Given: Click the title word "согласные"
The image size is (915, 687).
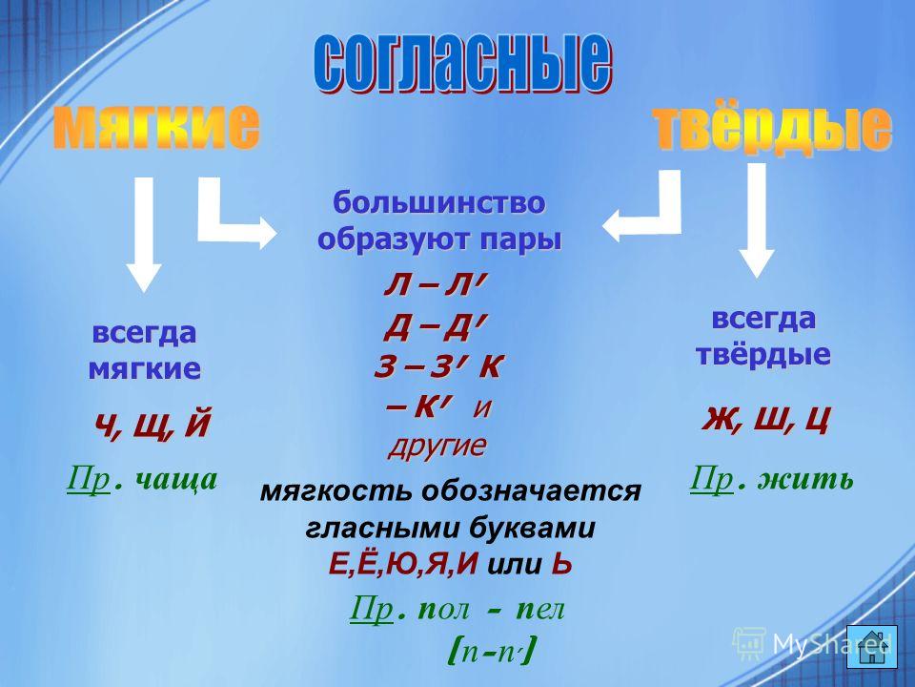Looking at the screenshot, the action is [463, 64].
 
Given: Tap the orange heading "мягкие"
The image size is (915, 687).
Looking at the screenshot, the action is [156, 127].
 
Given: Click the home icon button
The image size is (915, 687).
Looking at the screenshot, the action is [872, 647].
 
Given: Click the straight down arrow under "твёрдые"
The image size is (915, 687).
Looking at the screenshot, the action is [757, 219].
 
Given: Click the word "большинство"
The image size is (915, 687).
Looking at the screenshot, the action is [438, 202].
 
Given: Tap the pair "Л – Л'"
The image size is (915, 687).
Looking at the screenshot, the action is [435, 285].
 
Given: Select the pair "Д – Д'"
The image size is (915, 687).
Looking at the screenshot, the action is [435, 328].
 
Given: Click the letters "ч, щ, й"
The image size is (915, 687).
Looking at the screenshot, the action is [152, 425].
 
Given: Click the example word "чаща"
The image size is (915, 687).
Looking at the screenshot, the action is [176, 480].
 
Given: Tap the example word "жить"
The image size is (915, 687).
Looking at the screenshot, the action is [805, 480].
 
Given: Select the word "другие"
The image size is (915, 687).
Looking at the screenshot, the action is [437, 446].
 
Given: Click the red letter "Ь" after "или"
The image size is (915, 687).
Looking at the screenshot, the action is [561, 564].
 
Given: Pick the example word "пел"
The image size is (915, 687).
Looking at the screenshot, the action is [540, 610].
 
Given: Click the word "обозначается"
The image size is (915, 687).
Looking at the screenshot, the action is [531, 491].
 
